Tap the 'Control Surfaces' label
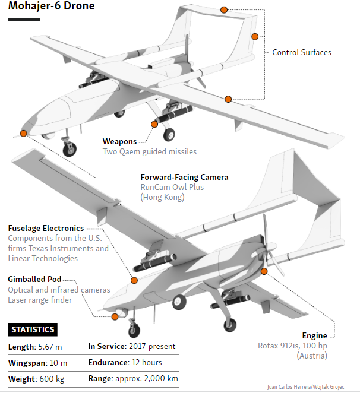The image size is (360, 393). pos(302,52)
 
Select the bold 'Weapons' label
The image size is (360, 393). pos(119,141)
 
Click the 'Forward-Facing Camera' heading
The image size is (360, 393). pos(184,177)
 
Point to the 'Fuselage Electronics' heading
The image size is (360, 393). pos(46,228)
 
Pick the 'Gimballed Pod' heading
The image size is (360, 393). pos(34,279)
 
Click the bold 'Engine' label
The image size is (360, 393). pos(314,335)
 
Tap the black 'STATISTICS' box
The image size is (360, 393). pos(33,329)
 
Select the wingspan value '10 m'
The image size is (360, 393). pos(59,362)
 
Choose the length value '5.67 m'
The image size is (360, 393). pos(51,346)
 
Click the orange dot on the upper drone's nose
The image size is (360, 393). pos(23,133)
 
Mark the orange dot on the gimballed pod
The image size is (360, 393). pos(115,316)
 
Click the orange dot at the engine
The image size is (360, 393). pos(264,271)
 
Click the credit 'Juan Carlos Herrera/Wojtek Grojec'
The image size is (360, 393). pos(310,386)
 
